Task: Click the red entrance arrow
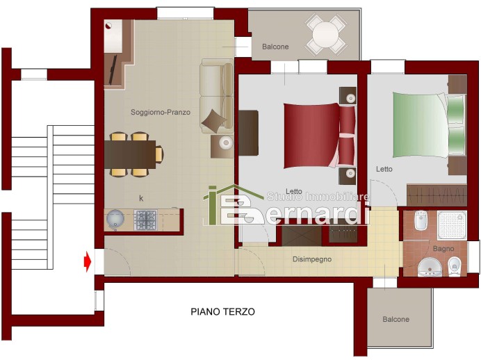[88, 261]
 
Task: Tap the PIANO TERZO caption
[222, 311]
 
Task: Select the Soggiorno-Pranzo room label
[161, 112]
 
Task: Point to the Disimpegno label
[312, 259]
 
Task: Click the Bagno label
[443, 249]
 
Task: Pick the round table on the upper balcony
[326, 35]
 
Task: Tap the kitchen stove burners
[145, 220]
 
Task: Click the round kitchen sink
[115, 219]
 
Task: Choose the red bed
[319, 136]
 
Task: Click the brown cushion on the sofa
[215, 121]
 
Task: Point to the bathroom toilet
[454, 266]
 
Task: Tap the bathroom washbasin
[430, 267]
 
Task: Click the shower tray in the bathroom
[452, 225]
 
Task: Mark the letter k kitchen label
[141, 198]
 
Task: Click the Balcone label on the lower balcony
[396, 319]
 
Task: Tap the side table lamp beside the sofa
[227, 142]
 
